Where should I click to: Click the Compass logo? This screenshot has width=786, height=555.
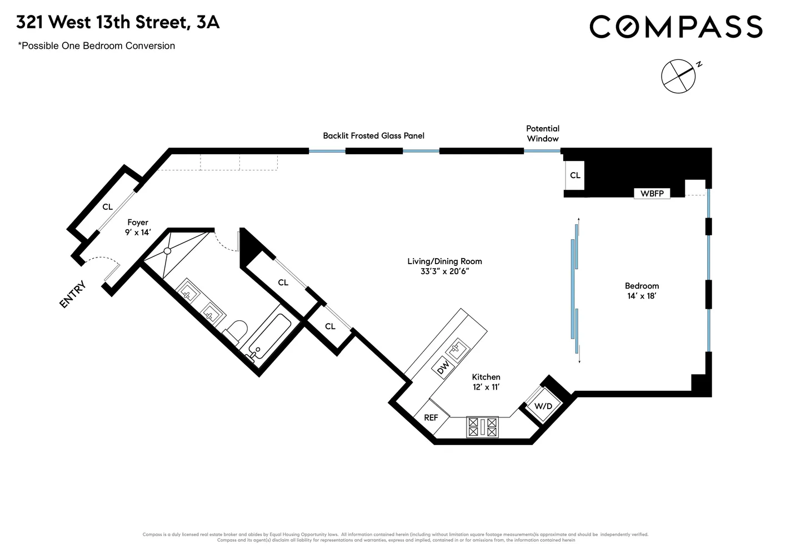point(675,27)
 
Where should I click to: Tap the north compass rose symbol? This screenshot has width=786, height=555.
point(678,75)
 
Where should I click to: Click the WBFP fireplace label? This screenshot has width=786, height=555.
point(652,194)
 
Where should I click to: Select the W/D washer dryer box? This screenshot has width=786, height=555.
point(543,406)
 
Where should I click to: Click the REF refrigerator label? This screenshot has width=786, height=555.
point(431,417)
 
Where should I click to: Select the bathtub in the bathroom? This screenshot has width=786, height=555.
point(268,337)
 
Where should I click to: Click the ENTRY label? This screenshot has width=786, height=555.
point(73,295)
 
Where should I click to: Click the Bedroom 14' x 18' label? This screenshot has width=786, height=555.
point(642,291)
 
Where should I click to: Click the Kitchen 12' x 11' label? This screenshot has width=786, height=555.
point(486,382)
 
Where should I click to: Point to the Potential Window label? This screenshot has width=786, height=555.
point(543,134)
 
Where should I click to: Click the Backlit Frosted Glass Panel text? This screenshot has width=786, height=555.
point(373,135)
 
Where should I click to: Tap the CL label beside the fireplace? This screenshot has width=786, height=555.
point(575,175)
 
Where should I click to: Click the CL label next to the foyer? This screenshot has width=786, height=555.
point(107,207)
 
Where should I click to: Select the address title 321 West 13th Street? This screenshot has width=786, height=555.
point(118,22)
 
